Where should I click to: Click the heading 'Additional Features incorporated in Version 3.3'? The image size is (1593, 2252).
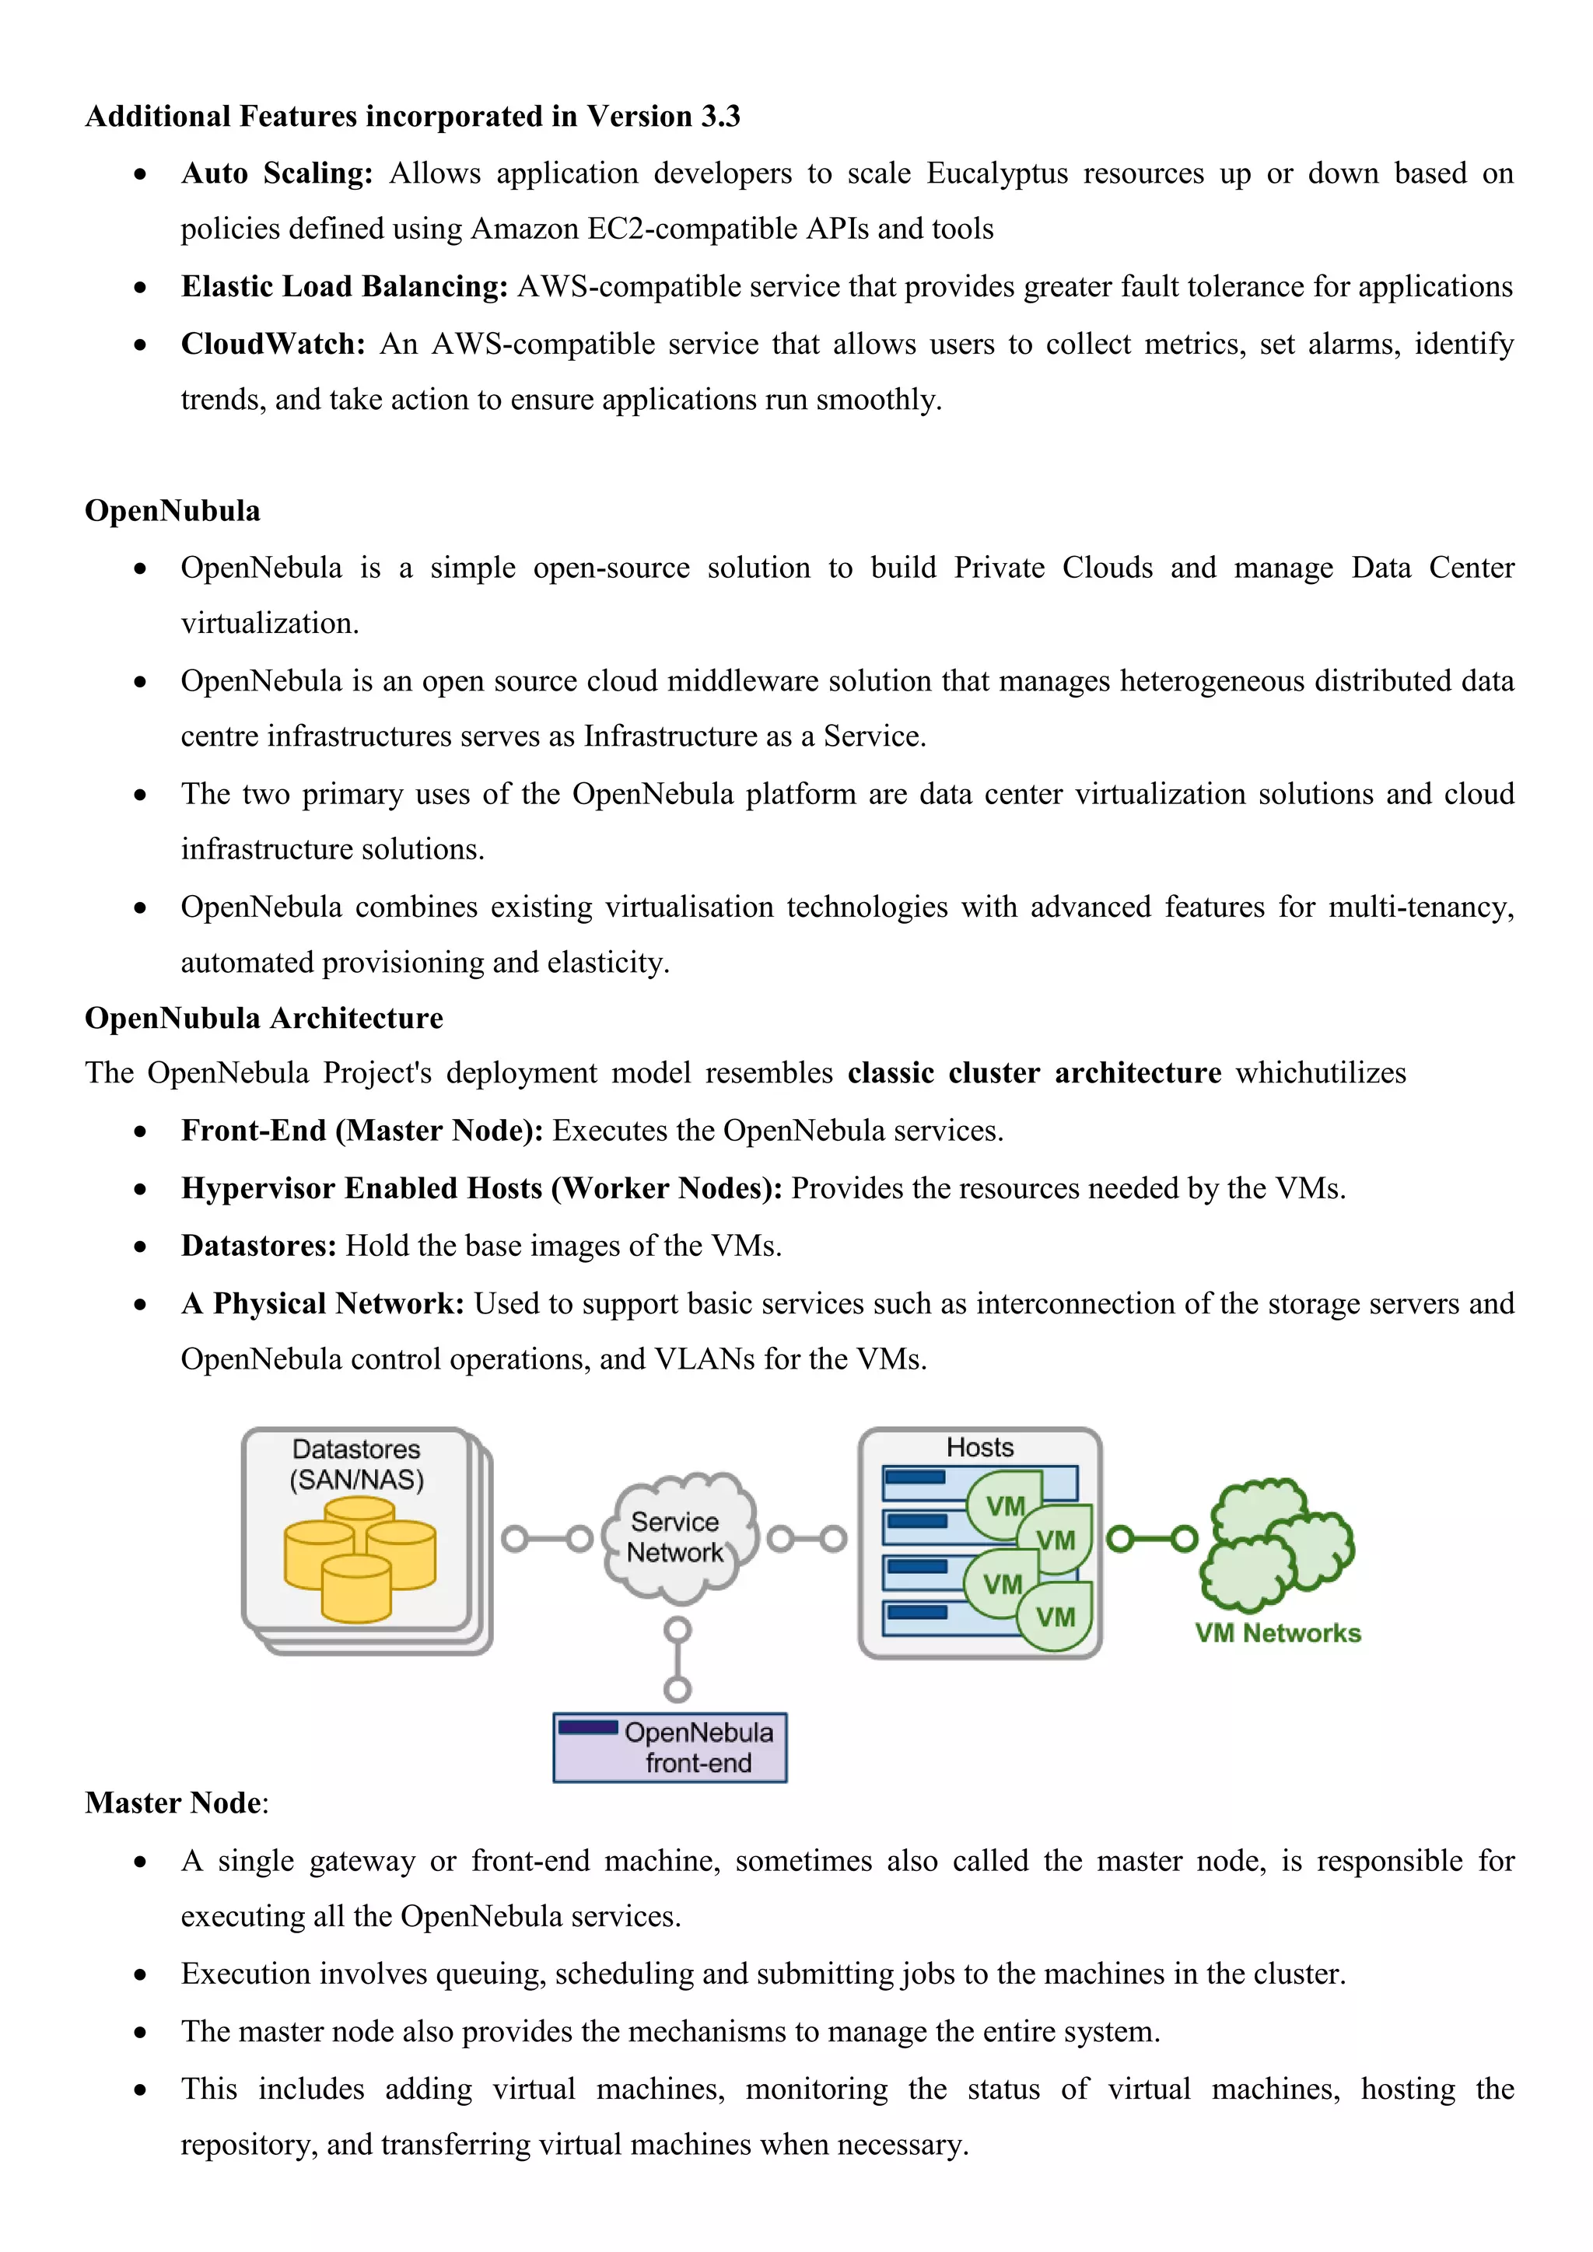(x=412, y=117)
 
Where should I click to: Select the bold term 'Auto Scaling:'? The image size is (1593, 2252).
(x=277, y=173)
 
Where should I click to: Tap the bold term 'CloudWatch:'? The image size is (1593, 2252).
(x=273, y=344)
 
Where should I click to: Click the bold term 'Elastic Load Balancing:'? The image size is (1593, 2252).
(x=345, y=286)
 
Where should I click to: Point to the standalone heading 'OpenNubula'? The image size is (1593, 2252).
(x=173, y=511)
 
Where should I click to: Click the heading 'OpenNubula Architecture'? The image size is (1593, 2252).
(x=264, y=1018)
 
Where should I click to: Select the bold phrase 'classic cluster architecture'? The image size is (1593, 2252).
(x=1034, y=1073)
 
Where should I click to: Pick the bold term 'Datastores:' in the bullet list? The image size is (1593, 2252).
(x=259, y=1246)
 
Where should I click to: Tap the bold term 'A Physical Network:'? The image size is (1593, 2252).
(x=323, y=1303)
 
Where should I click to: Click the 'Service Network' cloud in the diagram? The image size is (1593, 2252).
(x=677, y=1537)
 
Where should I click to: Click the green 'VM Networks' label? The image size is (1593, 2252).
(x=1277, y=1633)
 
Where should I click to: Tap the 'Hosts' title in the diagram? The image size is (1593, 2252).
(x=979, y=1448)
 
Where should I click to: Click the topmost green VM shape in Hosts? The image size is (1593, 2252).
(x=1003, y=1505)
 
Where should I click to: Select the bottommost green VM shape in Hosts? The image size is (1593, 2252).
(x=1055, y=1617)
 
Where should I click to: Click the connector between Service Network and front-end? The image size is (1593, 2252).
(x=677, y=1659)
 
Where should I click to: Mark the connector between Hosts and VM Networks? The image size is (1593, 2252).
(x=1152, y=1539)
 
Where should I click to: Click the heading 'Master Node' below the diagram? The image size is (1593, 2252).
(x=173, y=1803)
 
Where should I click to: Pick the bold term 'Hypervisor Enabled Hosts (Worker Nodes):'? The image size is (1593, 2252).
(x=481, y=1189)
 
